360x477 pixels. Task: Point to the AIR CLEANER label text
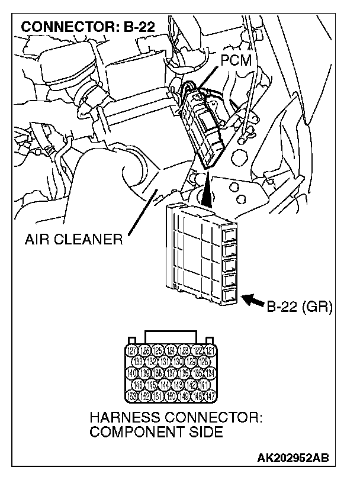point(73,240)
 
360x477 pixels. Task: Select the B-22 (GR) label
point(300,307)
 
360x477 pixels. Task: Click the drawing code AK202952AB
point(294,459)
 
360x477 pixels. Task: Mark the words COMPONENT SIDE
point(156,432)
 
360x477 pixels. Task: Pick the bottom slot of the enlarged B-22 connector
point(230,295)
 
